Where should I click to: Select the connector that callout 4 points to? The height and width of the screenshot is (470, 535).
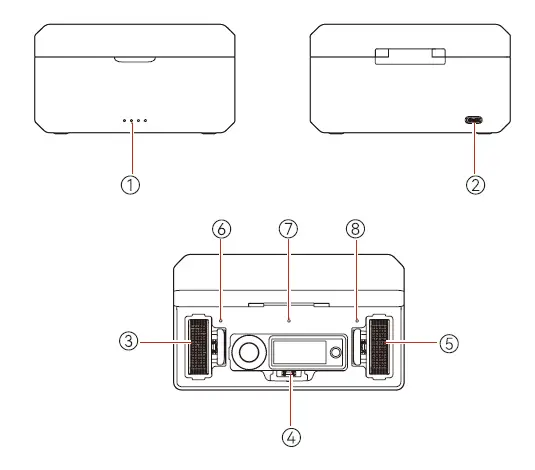point(291,376)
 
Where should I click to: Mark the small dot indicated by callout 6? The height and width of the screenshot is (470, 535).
point(221,322)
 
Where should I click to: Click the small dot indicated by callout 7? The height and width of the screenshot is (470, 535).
point(289,322)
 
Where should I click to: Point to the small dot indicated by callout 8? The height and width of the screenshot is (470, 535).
point(357,322)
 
